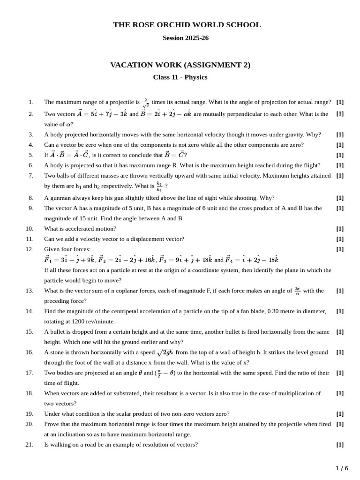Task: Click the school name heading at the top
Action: point(187,25)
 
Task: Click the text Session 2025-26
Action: point(186,38)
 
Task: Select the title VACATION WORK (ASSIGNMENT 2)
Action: point(180,65)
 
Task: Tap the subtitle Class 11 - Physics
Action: point(180,77)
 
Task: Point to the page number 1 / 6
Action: point(342,468)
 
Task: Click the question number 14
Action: point(29,311)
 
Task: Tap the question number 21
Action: point(29,444)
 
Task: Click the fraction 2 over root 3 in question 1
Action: point(146,103)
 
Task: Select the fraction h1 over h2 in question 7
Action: point(159,187)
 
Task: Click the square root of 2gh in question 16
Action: point(165,352)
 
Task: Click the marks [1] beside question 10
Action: point(340,229)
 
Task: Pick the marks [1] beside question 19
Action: point(340,413)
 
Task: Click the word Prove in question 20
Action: point(52,424)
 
